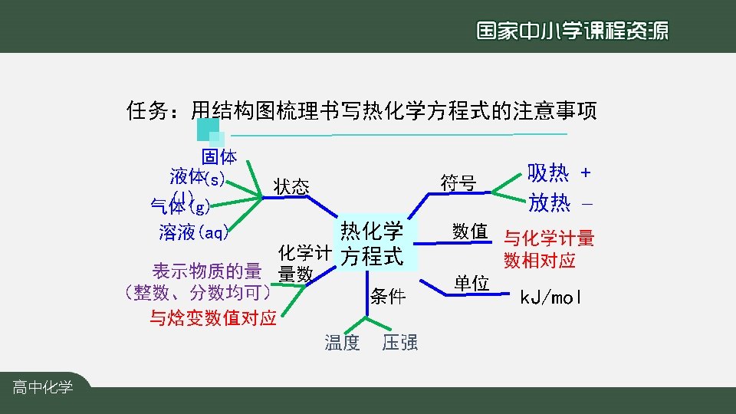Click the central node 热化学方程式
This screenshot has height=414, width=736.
(373, 243)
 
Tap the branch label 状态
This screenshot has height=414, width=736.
(291, 186)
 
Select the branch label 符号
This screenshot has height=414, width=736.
(458, 183)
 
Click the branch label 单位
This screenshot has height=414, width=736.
(471, 283)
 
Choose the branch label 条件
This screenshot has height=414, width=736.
(387, 297)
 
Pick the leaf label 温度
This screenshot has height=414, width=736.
(342, 342)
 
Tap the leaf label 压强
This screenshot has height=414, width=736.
(399, 342)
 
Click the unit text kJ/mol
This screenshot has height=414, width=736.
(550, 297)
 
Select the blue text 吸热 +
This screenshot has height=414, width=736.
(559, 172)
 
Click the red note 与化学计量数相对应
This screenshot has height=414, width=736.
(548, 249)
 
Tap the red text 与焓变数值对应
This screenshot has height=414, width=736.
(212, 318)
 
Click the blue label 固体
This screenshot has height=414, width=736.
(219, 157)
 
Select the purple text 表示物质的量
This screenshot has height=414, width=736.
(207, 271)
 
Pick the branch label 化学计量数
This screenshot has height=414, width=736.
(304, 263)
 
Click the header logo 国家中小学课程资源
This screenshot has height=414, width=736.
(572, 30)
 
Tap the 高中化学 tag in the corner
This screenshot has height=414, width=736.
(43, 388)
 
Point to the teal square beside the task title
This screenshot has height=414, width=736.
(203, 130)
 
